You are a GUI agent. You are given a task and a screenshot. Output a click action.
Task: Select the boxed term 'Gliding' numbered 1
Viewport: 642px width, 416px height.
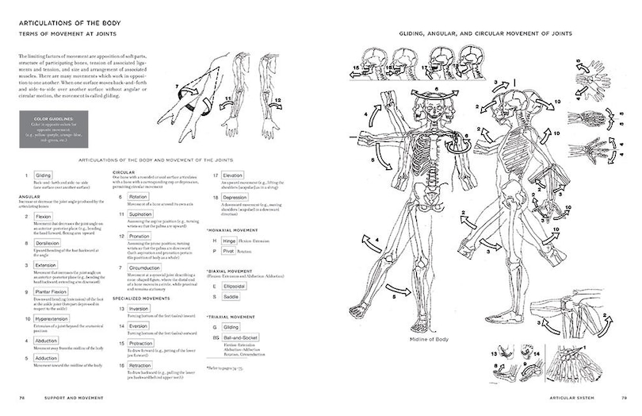coord(44,175)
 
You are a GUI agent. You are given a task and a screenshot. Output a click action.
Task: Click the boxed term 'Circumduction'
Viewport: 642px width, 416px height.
coord(146,268)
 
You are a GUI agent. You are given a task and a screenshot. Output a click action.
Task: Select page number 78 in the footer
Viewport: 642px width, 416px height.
coord(23,396)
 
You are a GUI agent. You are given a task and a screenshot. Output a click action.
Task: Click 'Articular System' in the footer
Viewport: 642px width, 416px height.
coord(564,396)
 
